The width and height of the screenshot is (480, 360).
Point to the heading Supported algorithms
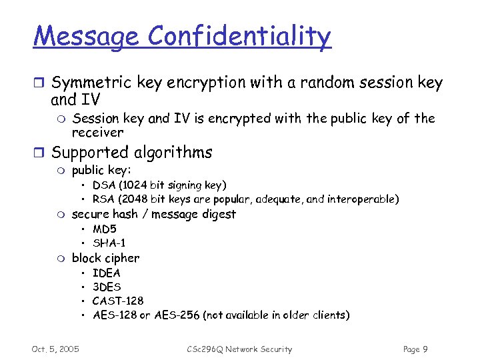pos(131,153)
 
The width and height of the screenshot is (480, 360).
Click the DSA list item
pos(159,185)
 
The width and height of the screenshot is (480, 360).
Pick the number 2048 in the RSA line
pos(130,199)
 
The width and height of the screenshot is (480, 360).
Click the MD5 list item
pos(105,229)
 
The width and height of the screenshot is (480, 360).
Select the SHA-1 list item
pos(109,243)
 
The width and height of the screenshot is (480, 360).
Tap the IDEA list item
pos(107,273)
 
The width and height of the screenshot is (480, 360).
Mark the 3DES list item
pos(107,287)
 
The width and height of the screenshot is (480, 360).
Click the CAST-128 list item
pos(118,301)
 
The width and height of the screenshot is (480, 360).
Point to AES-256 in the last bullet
pos(176,315)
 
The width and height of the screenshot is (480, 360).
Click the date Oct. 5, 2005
pos(55,349)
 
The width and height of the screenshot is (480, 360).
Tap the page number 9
pos(425,349)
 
